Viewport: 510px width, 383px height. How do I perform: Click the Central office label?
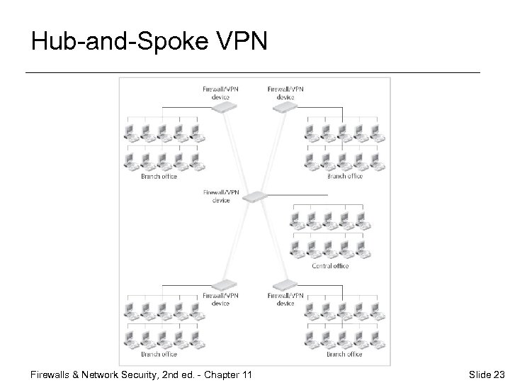331,266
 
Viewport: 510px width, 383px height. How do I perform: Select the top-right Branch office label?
345,175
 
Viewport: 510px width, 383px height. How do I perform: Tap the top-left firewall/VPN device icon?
225,106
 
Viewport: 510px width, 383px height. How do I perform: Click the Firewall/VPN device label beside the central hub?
221,196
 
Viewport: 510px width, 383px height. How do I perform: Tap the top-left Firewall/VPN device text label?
221,92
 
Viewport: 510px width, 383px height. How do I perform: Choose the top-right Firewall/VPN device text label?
285,92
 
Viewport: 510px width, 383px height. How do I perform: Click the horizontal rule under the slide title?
252,72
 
